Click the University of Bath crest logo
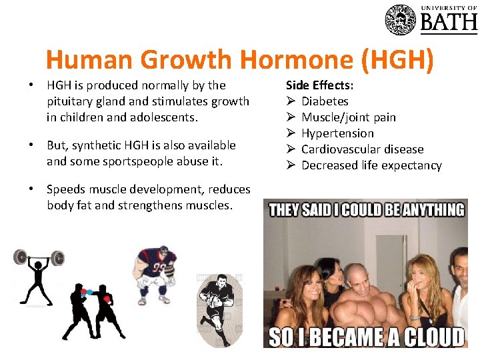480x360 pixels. pos(400,19)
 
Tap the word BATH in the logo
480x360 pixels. pos(448,23)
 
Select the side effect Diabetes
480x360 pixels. pos(325,101)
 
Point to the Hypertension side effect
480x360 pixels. pos(337,133)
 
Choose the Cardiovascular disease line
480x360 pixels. pos(362,149)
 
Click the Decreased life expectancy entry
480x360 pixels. pos(371,165)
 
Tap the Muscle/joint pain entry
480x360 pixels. pos(348,117)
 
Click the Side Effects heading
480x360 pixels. pos(319,85)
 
